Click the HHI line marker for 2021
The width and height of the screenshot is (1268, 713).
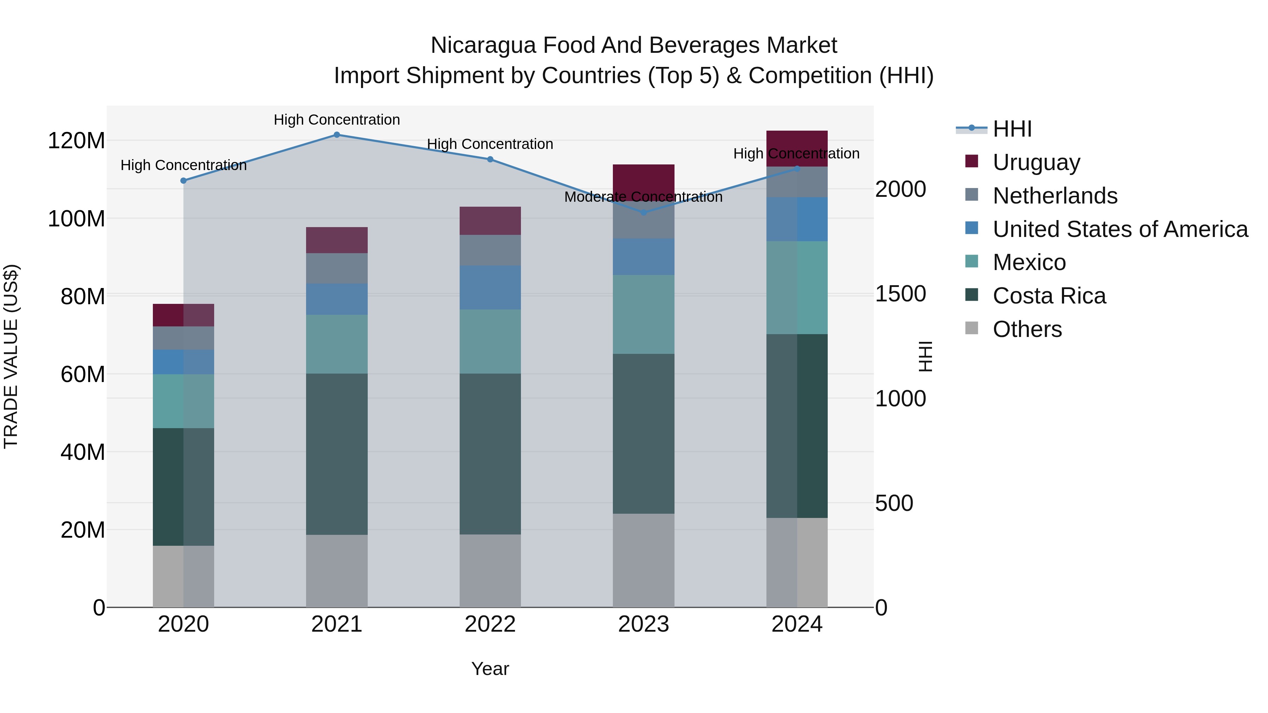[x=337, y=135]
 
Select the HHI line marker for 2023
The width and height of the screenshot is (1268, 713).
[x=644, y=213]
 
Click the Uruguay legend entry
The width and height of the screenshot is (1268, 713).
[x=1036, y=162]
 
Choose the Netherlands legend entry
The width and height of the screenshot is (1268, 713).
[x=1055, y=196]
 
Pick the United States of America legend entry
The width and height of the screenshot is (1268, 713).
[x=1120, y=229]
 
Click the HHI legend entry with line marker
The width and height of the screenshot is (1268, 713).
[x=1012, y=129]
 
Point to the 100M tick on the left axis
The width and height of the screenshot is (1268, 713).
[x=76, y=218]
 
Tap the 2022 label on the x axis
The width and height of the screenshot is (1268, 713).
[x=490, y=624]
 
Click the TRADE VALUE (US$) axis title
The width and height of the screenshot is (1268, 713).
[x=11, y=356]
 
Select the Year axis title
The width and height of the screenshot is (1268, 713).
[x=490, y=669]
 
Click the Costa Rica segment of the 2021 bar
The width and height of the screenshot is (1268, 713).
[x=337, y=454]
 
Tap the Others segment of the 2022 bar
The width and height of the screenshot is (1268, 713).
[x=490, y=571]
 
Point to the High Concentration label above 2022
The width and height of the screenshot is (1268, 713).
[x=490, y=144]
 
